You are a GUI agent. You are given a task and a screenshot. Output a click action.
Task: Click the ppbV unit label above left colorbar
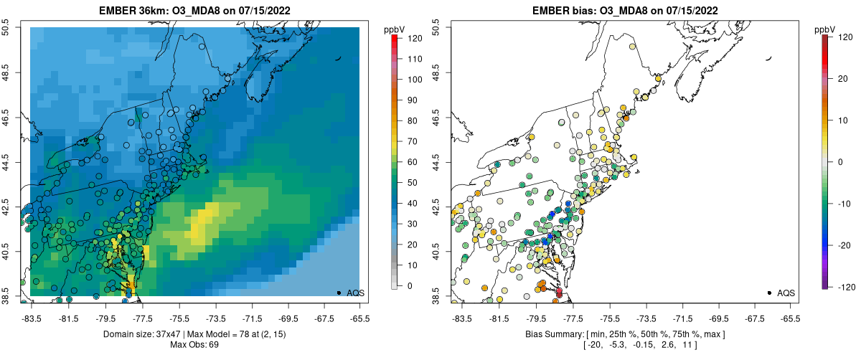(394, 29)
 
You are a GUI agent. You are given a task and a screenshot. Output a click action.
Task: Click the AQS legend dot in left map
(339, 293)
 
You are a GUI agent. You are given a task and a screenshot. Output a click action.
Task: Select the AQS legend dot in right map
(769, 293)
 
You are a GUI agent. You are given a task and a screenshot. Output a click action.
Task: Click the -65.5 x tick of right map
(790, 317)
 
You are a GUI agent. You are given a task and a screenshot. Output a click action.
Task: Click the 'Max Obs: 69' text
(194, 345)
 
